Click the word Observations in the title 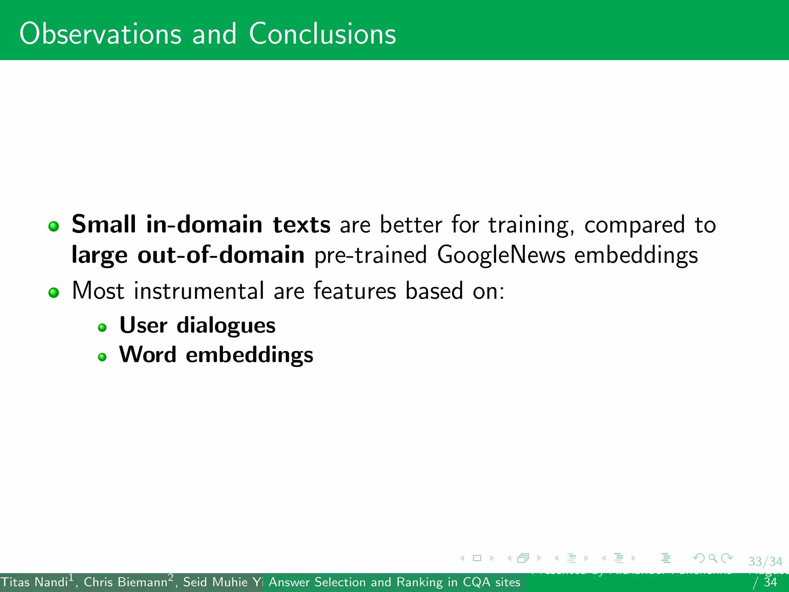click(x=100, y=34)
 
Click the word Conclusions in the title click(x=322, y=34)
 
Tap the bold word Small click(x=104, y=224)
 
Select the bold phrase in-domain click(x=204, y=224)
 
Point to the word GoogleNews click(x=501, y=256)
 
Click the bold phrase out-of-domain click(x=221, y=255)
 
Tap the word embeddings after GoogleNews click(x=636, y=256)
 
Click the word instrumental click(x=199, y=291)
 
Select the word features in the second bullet click(x=354, y=291)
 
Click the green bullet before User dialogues click(x=102, y=328)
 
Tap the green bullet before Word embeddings click(x=102, y=357)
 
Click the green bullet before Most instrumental click(x=54, y=293)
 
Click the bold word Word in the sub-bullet click(x=148, y=355)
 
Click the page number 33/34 click(x=765, y=562)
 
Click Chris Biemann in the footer click(x=125, y=582)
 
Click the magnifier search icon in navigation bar click(x=713, y=558)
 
